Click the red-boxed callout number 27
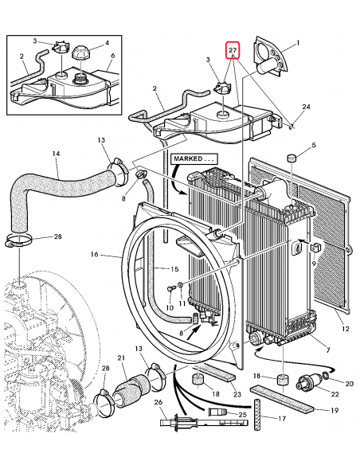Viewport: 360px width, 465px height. click(233, 50)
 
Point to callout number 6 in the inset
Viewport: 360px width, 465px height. click(112, 55)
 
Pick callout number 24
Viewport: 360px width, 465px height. click(306, 107)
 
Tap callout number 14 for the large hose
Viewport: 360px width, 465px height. click(56, 153)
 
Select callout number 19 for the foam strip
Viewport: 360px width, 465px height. click(335, 410)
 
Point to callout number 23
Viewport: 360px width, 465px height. click(237, 394)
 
